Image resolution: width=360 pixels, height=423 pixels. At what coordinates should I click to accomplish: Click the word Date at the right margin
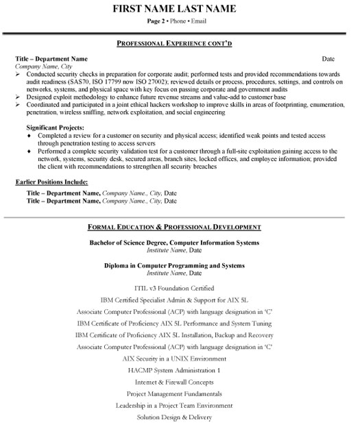[x=328, y=60]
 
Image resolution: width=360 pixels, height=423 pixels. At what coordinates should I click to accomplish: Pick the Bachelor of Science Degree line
[x=174, y=243]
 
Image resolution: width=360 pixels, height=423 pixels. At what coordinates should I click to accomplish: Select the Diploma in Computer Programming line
[x=174, y=265]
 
